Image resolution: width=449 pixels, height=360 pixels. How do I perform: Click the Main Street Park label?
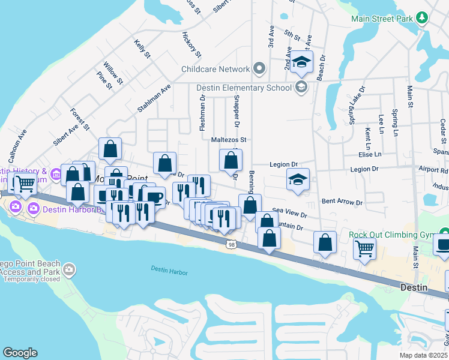tap(382, 18)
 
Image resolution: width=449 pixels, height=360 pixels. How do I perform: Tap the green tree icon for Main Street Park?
tap(422, 18)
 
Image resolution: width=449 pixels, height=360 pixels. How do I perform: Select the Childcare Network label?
tap(215, 69)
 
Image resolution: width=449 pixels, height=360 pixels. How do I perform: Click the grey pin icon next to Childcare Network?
tap(259, 68)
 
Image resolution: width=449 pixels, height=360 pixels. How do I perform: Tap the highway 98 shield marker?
tap(231, 244)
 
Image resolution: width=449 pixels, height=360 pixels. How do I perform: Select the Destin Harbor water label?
tap(169, 272)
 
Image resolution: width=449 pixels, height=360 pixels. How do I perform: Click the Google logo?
tap(20, 353)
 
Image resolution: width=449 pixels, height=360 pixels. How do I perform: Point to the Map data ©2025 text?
tap(423, 355)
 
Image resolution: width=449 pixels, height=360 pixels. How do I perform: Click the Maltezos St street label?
tap(229, 140)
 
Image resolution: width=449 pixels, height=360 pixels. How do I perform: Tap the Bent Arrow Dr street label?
tap(342, 202)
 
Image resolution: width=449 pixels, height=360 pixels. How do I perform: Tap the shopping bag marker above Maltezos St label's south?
tap(231, 160)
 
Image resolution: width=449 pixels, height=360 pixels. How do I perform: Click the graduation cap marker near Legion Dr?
tap(298, 179)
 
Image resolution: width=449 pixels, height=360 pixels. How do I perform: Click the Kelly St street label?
tap(142, 49)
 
